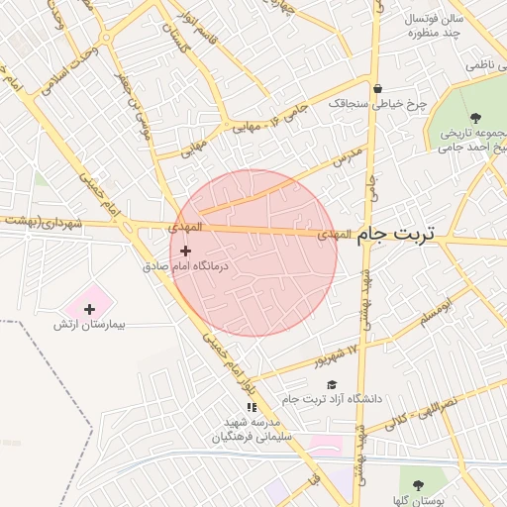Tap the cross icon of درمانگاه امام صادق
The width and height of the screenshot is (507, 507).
tap(185, 252)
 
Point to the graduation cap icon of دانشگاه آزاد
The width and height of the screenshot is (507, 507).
tap(333, 384)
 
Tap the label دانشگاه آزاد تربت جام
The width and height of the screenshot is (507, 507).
tap(331, 398)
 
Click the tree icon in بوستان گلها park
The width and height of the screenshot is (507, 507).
tap(416, 485)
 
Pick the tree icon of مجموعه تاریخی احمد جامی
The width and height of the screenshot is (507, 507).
tap(477, 115)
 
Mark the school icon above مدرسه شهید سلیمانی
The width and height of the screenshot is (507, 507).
tap(252, 407)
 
